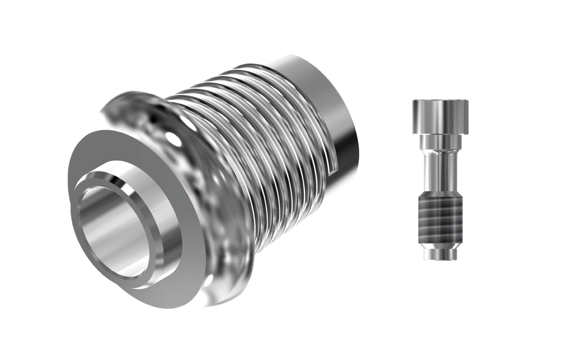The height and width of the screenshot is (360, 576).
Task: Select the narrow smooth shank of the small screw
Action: [x=440, y=169]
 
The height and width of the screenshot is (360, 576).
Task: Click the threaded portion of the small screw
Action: [x=440, y=217]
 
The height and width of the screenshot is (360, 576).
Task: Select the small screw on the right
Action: [x=440, y=180]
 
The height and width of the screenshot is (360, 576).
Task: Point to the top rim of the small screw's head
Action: [x=440, y=101]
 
